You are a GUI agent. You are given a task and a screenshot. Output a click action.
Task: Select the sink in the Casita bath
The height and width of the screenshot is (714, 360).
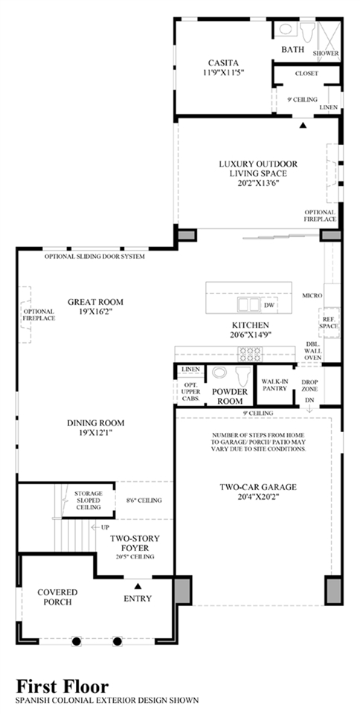tap(286, 29)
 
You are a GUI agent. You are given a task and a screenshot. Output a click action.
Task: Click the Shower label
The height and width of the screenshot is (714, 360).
tap(327, 54)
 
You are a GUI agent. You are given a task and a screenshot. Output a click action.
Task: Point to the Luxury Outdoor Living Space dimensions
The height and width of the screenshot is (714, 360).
tap(257, 183)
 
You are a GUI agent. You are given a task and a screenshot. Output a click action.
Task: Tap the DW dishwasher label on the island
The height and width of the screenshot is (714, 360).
tap(269, 306)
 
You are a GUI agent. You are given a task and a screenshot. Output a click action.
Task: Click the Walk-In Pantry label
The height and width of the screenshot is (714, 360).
tap(274, 385)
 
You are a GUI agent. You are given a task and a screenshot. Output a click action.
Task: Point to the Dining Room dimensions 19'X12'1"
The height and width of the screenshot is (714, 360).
tap(95, 431)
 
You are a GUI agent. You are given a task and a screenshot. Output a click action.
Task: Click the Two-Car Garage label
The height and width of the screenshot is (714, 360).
tap(258, 487)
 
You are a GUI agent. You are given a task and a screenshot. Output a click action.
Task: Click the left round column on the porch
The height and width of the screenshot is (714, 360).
tap(77, 641)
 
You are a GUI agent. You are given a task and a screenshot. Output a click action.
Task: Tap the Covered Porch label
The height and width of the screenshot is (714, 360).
tap(57, 596)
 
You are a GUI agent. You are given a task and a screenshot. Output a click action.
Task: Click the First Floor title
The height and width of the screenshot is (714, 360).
tap(62, 686)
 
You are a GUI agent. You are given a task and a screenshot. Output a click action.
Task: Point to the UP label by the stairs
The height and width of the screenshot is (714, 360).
tap(105, 527)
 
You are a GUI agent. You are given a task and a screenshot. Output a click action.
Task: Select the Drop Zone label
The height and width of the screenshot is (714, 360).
tap(309, 385)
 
